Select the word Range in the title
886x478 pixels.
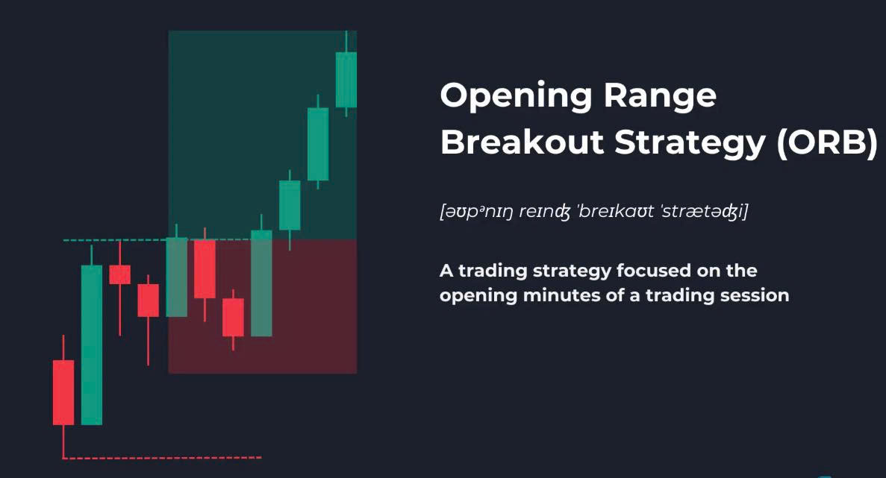tap(660, 96)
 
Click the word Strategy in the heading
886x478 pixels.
tap(690, 143)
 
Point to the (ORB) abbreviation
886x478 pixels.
tap(827, 142)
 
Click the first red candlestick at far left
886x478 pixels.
tap(63, 392)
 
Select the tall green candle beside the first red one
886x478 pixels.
tap(92, 345)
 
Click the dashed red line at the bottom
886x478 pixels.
tap(162, 458)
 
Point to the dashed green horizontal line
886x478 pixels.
tap(157, 240)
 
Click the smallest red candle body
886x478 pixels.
tap(119, 274)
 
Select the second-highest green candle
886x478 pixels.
tap(317, 144)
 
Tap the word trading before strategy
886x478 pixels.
tap(493, 271)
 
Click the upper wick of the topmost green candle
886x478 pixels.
tap(346, 42)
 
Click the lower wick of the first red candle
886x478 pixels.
tap(63, 441)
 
